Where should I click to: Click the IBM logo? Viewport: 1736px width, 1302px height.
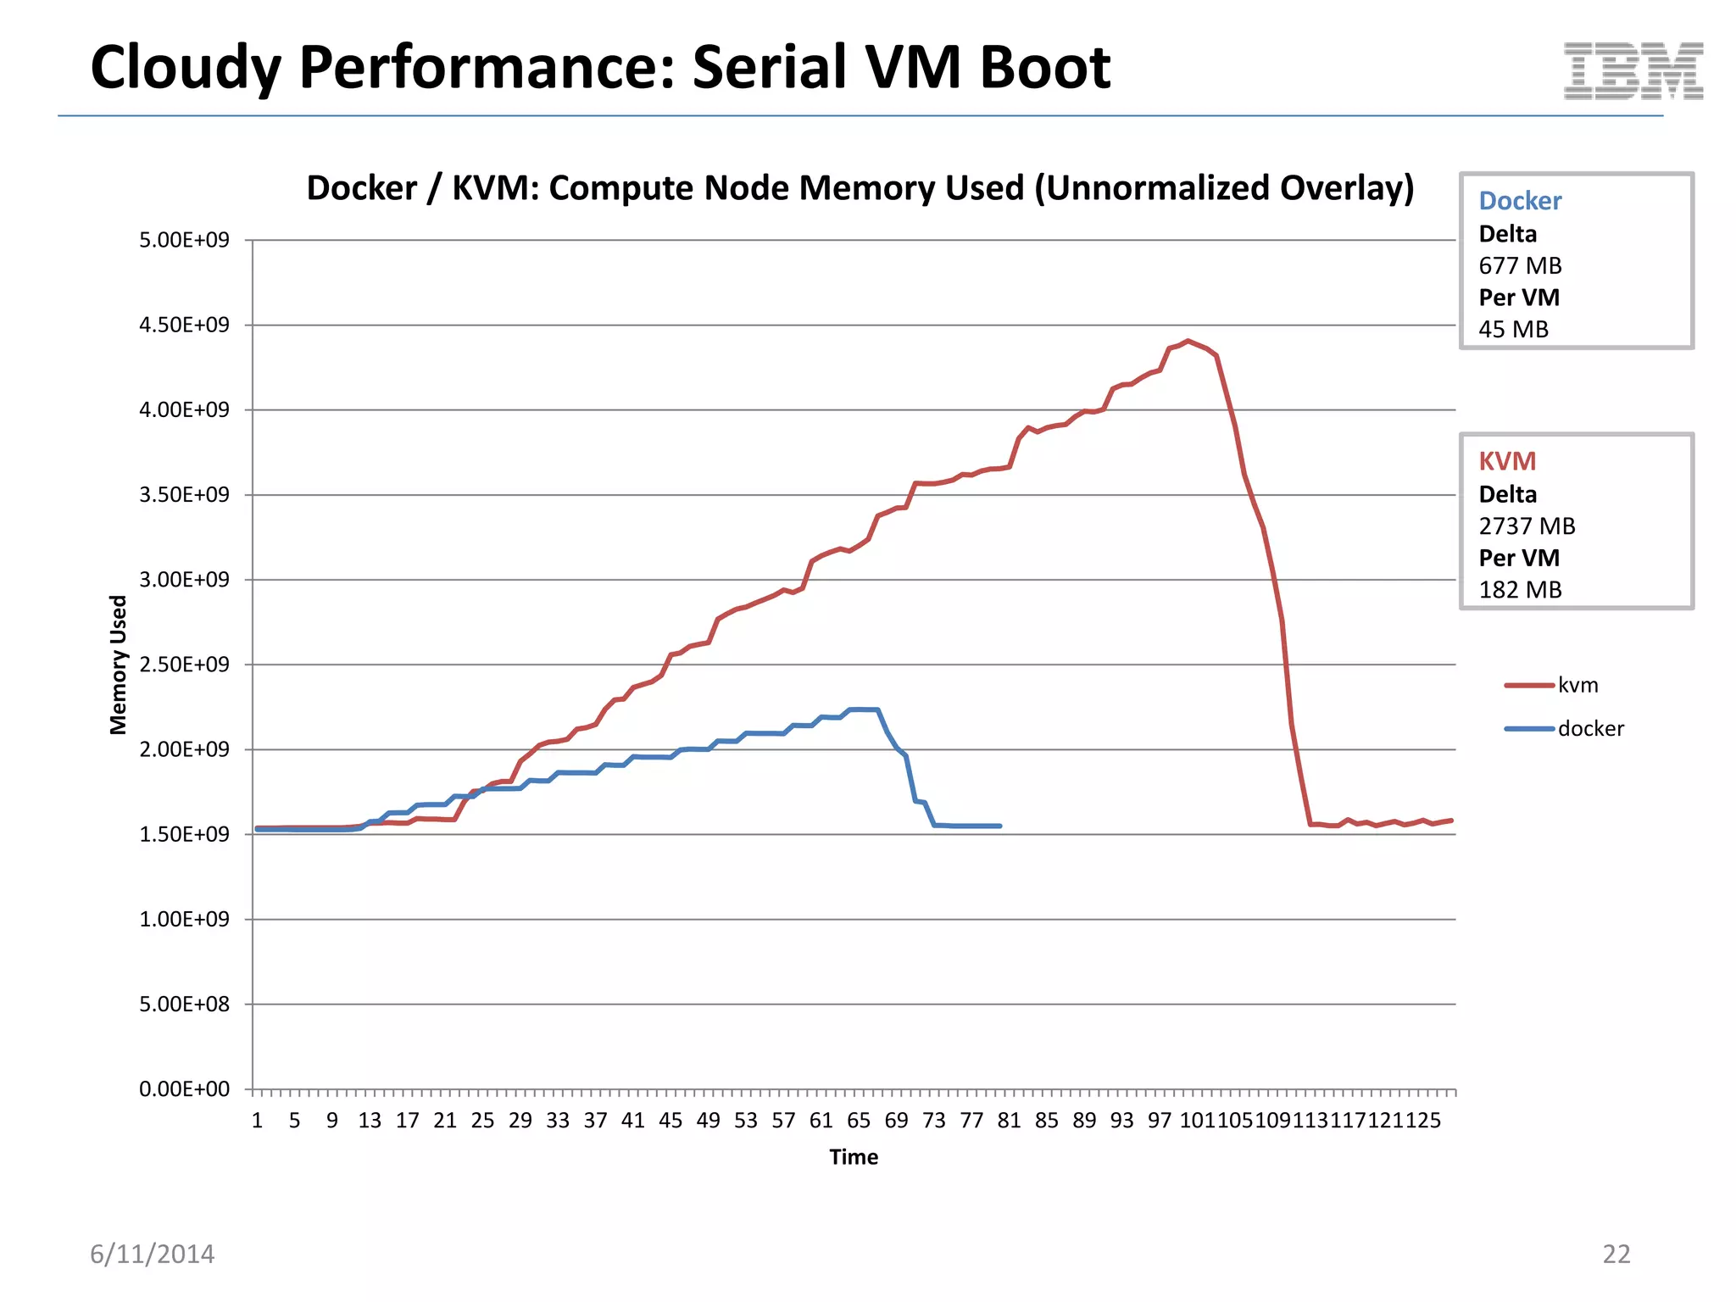(x=1633, y=71)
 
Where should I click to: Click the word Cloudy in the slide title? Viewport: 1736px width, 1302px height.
(x=185, y=68)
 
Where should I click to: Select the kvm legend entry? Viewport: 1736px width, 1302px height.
(x=1577, y=685)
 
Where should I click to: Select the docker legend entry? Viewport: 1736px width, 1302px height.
(x=1589, y=729)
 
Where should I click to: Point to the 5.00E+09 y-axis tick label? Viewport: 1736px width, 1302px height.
(x=184, y=240)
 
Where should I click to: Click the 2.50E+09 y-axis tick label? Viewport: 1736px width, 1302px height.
(x=184, y=665)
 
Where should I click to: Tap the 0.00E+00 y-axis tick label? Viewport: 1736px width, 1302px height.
(x=184, y=1089)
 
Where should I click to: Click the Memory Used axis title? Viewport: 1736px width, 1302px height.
(x=118, y=665)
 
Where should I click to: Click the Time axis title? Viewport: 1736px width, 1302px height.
(x=854, y=1157)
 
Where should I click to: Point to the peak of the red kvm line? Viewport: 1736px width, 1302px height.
(x=1188, y=341)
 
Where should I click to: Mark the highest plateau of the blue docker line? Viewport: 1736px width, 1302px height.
(x=864, y=709)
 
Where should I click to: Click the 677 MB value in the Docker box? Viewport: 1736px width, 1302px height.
(x=1520, y=266)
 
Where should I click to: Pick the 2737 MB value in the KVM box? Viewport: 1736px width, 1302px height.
(x=1527, y=526)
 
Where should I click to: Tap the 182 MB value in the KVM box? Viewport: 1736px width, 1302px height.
(x=1520, y=590)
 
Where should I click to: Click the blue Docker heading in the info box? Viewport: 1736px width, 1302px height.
(x=1520, y=201)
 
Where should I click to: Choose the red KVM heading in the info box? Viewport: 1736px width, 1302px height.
(x=1507, y=461)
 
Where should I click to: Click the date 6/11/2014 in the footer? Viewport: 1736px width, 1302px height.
(x=153, y=1254)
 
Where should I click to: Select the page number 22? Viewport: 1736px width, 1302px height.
(x=1616, y=1254)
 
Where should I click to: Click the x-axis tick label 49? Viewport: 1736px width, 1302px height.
(x=708, y=1121)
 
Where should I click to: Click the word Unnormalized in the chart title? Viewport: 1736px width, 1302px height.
(x=1153, y=188)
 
